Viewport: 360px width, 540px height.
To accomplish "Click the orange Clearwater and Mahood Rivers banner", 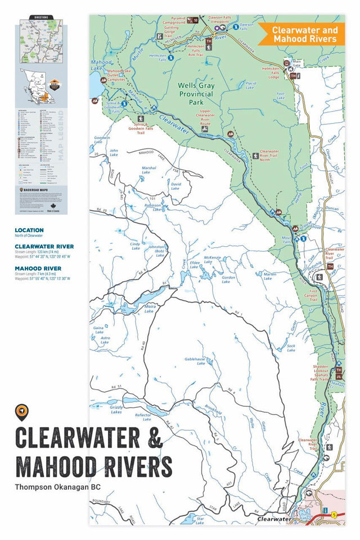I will click(x=304, y=34).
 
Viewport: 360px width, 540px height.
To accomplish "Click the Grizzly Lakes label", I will click(x=115, y=409).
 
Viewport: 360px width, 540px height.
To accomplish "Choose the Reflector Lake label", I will click(x=143, y=417).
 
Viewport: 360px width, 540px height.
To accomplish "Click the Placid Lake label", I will click(x=251, y=85).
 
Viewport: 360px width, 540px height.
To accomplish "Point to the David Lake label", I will click(x=176, y=186).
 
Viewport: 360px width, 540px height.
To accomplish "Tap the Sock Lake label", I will click(x=291, y=348).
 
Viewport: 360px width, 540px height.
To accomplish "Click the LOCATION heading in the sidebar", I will click(x=29, y=230).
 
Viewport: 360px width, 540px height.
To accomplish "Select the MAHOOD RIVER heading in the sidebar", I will click(x=38, y=268).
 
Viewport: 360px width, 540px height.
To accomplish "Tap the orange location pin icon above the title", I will click(x=22, y=412).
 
